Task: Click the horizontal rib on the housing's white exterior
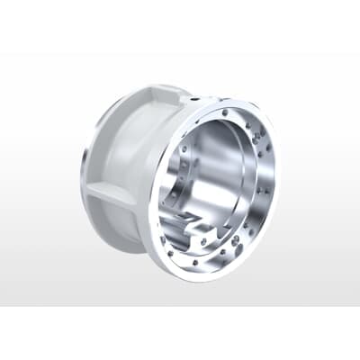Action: [112, 191]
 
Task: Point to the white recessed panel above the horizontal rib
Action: [126, 144]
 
